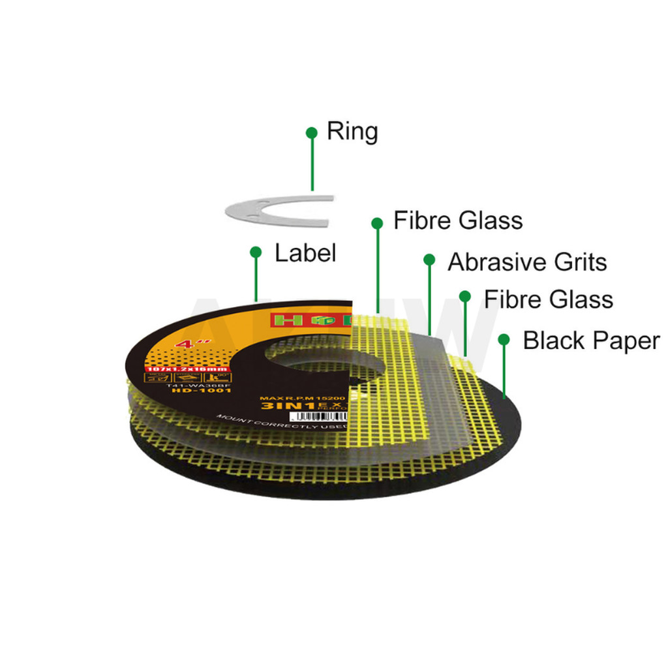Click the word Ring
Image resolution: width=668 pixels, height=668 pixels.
click(352, 131)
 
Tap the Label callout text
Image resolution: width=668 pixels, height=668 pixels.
click(305, 253)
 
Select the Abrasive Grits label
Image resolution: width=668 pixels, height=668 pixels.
click(527, 262)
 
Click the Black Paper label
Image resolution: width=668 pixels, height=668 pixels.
click(591, 341)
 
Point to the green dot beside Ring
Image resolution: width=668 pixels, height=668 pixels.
click(312, 132)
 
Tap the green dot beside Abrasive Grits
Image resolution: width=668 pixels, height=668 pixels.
click(429, 260)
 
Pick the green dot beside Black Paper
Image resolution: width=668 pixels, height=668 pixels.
click(504, 339)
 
